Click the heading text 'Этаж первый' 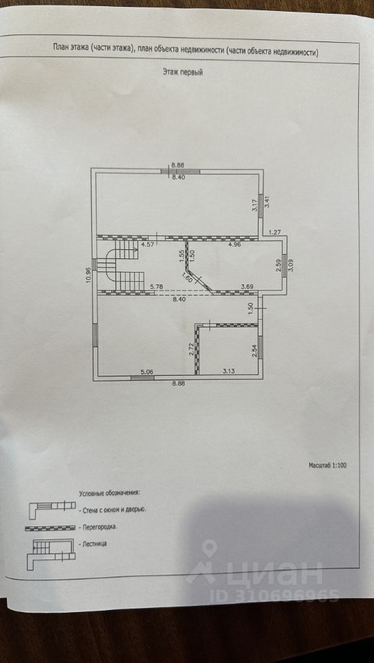[x=183, y=73]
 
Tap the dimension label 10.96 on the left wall [x=88, y=276]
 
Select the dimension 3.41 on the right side [x=266, y=201]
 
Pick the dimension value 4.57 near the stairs [x=147, y=244]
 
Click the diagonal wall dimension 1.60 [x=187, y=278]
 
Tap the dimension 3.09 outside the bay [x=290, y=265]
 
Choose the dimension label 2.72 [x=191, y=350]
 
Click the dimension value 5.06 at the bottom [x=147, y=372]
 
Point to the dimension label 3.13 [x=229, y=372]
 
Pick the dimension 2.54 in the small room [x=254, y=352]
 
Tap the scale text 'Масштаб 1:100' [x=328, y=465]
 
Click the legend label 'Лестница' [x=93, y=544]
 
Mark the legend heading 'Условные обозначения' [x=109, y=493]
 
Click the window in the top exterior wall [x=180, y=171]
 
